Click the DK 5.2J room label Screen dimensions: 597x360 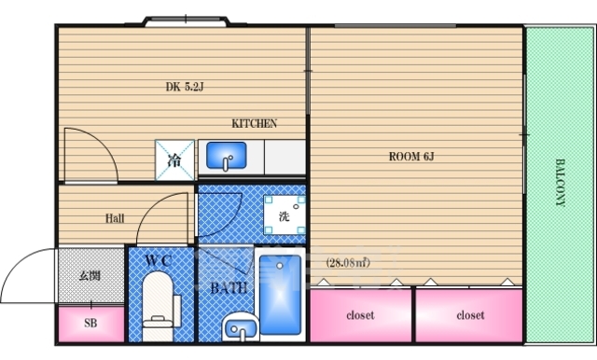click(x=185, y=87)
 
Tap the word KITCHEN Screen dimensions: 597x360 click(x=255, y=124)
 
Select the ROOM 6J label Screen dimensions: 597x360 click(x=411, y=157)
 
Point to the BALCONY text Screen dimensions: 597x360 click(x=560, y=183)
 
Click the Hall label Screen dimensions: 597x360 click(x=115, y=218)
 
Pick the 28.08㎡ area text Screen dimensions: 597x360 click(x=348, y=263)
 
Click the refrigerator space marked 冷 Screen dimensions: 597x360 click(x=174, y=160)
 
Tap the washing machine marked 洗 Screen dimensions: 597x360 click(x=285, y=215)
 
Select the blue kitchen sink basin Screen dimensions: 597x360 click(x=226, y=155)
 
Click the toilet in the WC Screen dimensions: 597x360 click(x=158, y=304)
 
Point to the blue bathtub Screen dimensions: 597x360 click(x=280, y=295)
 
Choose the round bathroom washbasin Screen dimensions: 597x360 click(x=241, y=327)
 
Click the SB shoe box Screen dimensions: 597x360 click(x=91, y=324)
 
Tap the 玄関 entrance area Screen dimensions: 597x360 click(x=90, y=275)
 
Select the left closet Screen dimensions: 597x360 click(x=361, y=315)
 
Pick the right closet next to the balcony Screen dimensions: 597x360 click(x=469, y=315)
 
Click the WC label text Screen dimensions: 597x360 click(x=160, y=261)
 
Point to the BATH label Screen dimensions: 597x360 click(x=229, y=288)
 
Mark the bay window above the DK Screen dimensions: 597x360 click(x=187, y=21)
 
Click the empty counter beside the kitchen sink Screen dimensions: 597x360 click(x=285, y=157)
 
